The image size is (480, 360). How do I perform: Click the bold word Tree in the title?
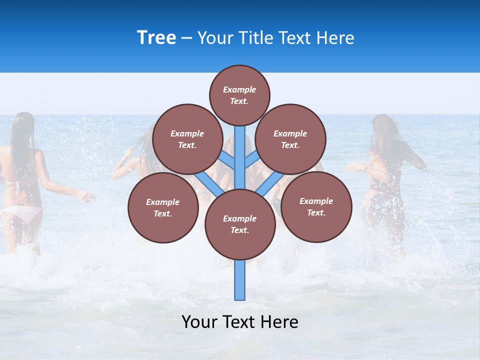pyautogui.click(x=156, y=38)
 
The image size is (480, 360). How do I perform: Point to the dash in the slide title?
pyautogui.click(x=186, y=38)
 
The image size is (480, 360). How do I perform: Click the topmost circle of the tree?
pyautogui.click(x=239, y=95)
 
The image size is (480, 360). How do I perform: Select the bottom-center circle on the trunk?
pyautogui.click(x=240, y=224)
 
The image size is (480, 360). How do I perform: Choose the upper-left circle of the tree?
pyautogui.click(x=187, y=139)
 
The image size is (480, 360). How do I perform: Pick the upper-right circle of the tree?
pyautogui.click(x=290, y=139)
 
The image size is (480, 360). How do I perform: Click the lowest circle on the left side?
pyautogui.click(x=163, y=208)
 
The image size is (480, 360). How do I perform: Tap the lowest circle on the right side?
pyautogui.click(x=316, y=207)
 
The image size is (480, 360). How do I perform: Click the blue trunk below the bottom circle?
pyautogui.click(x=240, y=280)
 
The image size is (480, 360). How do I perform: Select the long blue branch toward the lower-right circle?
pyautogui.click(x=270, y=184)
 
